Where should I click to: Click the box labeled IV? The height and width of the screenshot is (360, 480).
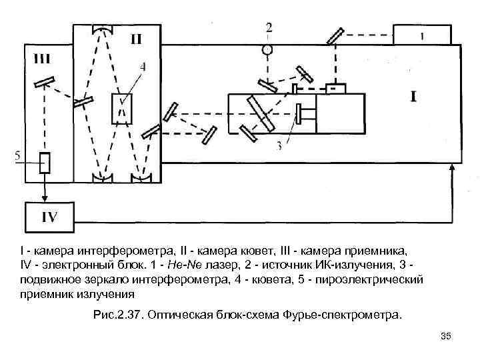pos(50,216)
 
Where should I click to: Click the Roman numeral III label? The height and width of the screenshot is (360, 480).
pos(41,59)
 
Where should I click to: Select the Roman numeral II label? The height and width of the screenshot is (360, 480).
pos(135,39)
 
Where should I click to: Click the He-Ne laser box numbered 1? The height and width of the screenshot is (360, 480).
pos(421,35)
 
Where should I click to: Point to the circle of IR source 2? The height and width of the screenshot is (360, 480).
pos(268,49)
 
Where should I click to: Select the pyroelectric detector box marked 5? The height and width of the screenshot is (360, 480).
pos(45,162)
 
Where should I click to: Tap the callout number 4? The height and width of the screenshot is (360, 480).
pos(143,66)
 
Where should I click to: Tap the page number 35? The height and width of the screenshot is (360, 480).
pos(446,337)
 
